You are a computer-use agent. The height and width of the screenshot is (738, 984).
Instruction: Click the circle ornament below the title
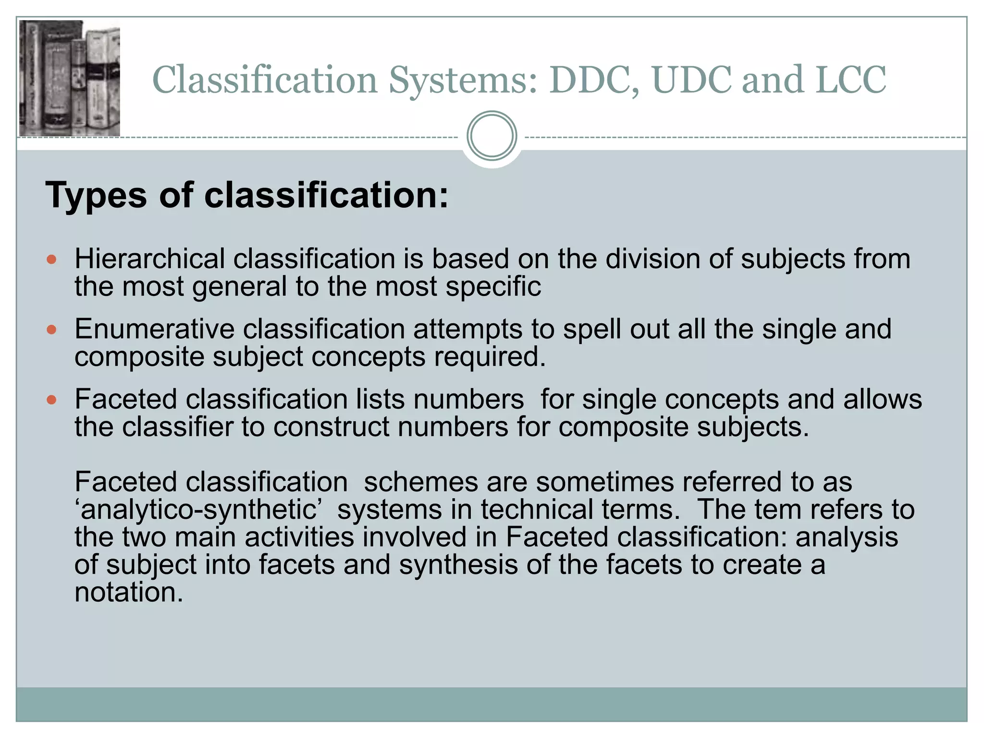pos(492,136)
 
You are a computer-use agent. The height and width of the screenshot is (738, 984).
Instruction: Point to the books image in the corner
pos(70,78)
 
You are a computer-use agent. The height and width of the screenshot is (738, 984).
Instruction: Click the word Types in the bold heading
pos(96,196)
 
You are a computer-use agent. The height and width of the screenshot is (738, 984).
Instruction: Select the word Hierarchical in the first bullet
pos(149,259)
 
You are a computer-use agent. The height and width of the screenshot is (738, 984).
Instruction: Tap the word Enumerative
pos(154,329)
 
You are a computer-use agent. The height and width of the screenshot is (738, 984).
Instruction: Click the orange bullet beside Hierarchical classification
pos(52,260)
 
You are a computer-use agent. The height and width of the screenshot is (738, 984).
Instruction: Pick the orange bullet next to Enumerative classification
pos(52,330)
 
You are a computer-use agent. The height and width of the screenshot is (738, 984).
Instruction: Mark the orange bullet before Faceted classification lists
pos(52,400)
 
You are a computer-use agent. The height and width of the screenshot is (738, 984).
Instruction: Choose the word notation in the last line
pos(129,592)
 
